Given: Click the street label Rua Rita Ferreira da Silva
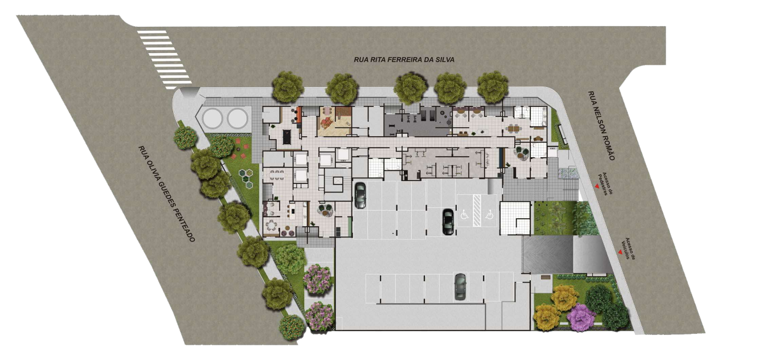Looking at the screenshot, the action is point(404,59).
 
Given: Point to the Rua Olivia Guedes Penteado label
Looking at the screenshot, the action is point(166,194).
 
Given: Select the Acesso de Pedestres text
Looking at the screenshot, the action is point(605,184).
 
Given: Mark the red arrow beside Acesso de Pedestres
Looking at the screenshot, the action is point(597,187).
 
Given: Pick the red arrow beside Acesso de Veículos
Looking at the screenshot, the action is point(620,252).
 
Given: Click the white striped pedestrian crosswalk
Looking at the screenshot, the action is point(164,59).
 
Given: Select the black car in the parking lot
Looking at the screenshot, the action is point(448,222).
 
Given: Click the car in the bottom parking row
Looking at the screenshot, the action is point(460,287).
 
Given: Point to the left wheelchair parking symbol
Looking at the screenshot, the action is point(464,215).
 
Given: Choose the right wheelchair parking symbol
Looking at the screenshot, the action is point(489,215).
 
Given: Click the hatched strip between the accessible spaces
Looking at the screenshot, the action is point(477,211).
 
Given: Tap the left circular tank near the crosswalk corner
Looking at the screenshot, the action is point(212,118).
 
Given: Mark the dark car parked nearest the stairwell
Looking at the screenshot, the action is point(360,195).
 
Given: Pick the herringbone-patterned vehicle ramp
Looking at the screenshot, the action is point(547,254).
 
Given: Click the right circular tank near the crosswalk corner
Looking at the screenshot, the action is point(238,118).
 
